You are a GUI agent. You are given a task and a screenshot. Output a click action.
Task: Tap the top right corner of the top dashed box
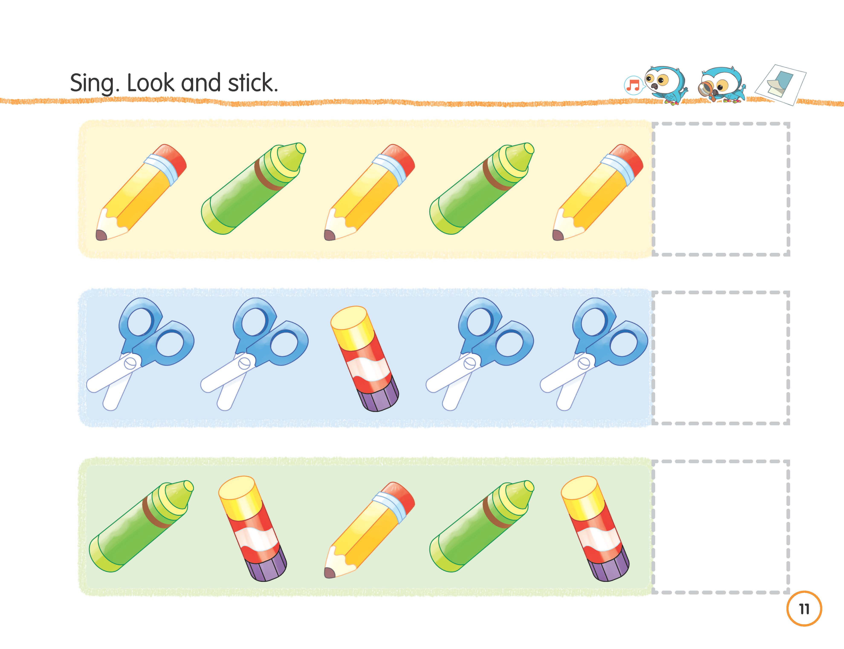point(788,124)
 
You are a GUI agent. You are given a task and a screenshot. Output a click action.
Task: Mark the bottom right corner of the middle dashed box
point(788,423)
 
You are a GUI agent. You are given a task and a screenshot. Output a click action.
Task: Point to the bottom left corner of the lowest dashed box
point(653,592)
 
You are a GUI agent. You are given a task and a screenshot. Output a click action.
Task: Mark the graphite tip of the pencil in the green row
point(329,573)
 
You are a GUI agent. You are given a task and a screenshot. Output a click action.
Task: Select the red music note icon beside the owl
point(633,85)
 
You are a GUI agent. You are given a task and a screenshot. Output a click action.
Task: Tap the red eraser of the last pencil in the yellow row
point(628,158)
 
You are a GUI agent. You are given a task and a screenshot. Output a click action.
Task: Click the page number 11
point(804,609)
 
